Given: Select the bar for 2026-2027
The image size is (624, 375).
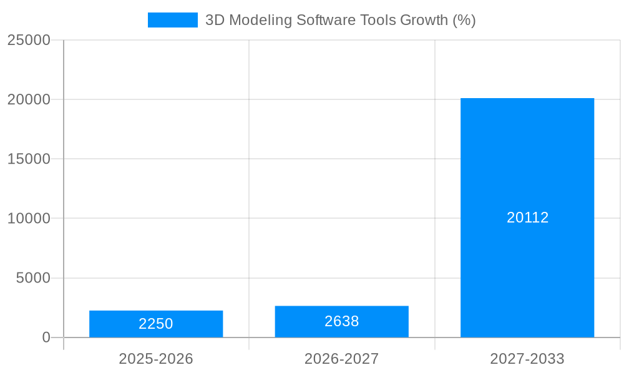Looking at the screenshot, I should [341, 329].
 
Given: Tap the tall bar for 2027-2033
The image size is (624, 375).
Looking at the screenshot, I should [527, 156].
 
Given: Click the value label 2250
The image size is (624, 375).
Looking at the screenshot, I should [156, 324].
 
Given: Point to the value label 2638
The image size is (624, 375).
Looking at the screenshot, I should [341, 321].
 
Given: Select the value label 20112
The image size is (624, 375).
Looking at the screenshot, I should [527, 217].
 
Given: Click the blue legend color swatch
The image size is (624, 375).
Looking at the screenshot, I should [172, 20].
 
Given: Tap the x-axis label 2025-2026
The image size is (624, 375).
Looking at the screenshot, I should [156, 359].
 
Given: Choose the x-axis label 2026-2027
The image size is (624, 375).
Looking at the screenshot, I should [341, 359].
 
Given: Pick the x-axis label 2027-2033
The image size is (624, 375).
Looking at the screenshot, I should [527, 359].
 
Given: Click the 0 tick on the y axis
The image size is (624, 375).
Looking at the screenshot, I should [46, 337].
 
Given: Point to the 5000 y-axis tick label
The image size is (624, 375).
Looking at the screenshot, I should [33, 277].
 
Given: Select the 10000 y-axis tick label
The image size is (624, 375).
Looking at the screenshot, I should [29, 218].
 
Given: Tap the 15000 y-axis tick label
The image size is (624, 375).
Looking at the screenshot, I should [29, 159].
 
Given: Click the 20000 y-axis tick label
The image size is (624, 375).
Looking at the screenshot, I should [29, 99].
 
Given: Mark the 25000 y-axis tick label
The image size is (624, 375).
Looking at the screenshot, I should [29, 40].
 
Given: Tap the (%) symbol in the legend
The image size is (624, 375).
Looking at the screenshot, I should [464, 20].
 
